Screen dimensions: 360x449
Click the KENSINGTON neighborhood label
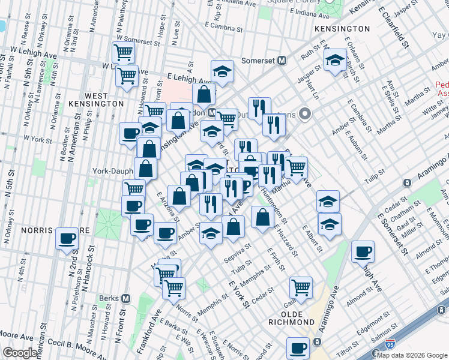(x=345, y=28)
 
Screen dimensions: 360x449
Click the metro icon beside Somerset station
(x=281, y=60)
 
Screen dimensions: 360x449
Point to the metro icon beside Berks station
(x=126, y=298)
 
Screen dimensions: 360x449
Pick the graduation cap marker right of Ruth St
(x=335, y=60)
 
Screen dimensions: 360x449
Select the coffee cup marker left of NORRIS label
(x=67, y=238)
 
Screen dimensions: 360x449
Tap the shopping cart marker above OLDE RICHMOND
(x=300, y=286)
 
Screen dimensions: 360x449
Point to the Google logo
(x=20, y=353)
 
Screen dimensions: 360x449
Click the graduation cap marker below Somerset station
(x=222, y=71)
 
